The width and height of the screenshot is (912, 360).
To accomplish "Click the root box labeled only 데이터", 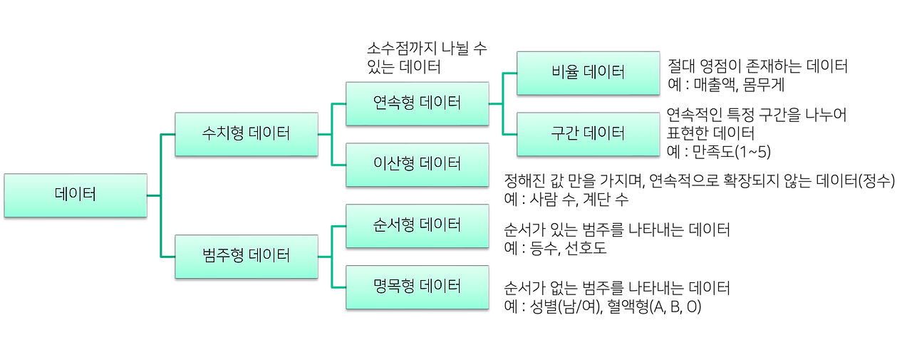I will tap(76, 195).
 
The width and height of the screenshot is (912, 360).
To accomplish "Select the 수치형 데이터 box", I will tap(246, 133).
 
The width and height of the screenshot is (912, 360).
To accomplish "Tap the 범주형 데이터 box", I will tap(246, 256).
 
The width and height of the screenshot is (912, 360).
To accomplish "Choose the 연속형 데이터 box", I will tap(418, 103).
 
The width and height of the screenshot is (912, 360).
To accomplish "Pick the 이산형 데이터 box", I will tap(418, 164).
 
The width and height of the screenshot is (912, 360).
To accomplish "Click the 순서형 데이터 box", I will tap(418, 225).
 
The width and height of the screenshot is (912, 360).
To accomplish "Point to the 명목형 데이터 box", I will tap(418, 287).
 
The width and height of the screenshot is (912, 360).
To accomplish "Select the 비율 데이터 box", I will tap(588, 72).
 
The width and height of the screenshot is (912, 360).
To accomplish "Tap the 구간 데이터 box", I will tap(588, 133).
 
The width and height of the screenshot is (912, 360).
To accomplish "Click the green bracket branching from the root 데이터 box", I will tap(160, 195).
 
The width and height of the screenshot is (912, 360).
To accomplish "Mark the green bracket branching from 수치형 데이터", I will tap(331, 133).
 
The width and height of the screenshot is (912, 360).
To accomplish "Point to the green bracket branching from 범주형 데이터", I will tap(331, 256).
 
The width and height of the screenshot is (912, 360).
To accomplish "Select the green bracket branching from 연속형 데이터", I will tap(502, 103).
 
